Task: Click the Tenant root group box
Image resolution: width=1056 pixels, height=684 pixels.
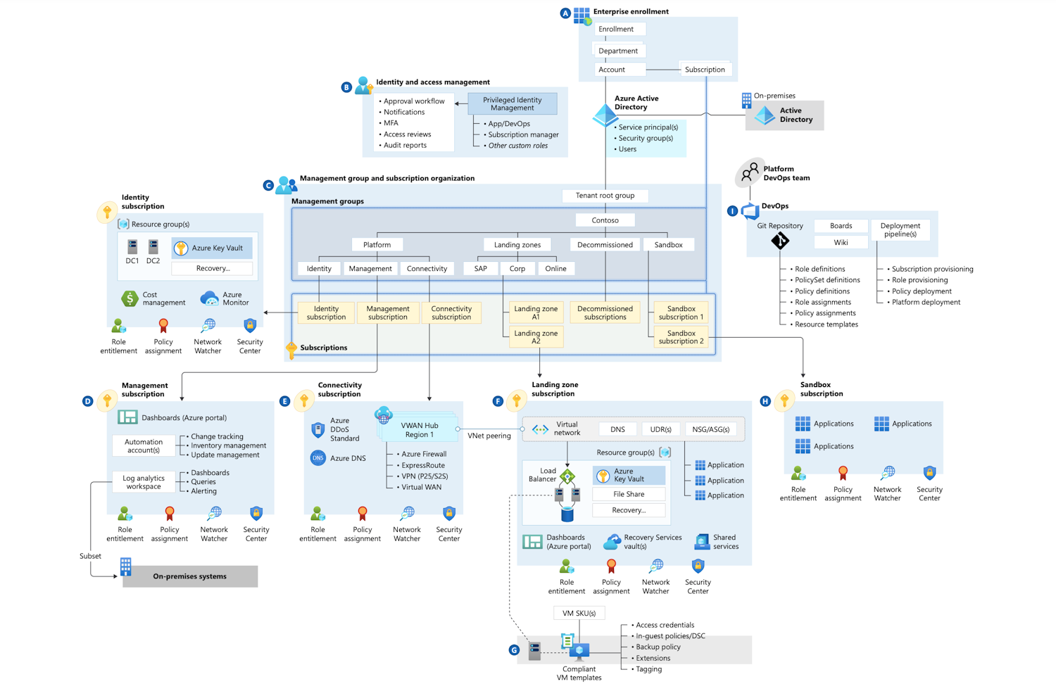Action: tap(605, 196)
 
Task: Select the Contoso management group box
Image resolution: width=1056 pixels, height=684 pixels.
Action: tap(605, 220)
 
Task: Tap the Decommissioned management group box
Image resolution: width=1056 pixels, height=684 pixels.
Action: tap(605, 245)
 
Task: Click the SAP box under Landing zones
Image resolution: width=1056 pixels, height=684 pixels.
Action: tap(481, 268)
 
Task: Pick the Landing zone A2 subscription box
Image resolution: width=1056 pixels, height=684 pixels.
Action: tap(536, 337)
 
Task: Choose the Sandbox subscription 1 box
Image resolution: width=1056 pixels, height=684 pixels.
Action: tap(681, 312)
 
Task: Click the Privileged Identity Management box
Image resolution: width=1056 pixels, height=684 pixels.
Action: tap(512, 104)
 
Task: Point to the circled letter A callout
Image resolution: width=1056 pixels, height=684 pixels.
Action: tap(565, 13)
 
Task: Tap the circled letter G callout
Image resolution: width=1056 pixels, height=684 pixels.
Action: tap(514, 650)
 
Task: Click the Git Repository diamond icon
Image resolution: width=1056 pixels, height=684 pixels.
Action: tap(780, 241)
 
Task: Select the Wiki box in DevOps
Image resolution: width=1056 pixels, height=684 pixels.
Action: tap(841, 242)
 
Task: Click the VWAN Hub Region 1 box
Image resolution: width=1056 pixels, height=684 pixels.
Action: tap(420, 429)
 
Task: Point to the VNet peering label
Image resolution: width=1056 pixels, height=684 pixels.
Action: tap(489, 436)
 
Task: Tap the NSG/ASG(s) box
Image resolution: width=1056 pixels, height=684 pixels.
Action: tap(710, 429)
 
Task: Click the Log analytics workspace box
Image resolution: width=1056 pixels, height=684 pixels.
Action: tap(144, 482)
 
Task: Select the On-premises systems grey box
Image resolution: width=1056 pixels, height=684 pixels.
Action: tap(190, 576)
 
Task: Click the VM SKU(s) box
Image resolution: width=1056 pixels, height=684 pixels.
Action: tap(579, 613)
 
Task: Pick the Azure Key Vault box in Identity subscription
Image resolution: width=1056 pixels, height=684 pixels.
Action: tap(212, 248)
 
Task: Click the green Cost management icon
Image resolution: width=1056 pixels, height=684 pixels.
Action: tap(130, 298)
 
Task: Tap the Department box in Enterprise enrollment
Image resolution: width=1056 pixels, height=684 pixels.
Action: tap(618, 51)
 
